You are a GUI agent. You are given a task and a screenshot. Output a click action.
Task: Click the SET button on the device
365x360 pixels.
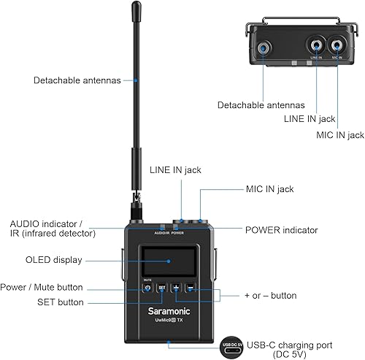click(162, 287)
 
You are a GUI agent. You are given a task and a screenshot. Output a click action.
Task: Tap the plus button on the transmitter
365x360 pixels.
click(176, 287)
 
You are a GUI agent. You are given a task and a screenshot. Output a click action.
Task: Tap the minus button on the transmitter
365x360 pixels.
click(190, 287)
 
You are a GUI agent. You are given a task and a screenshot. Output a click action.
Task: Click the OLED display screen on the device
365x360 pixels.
click(169, 261)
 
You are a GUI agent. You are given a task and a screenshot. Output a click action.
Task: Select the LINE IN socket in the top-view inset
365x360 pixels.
click(316, 43)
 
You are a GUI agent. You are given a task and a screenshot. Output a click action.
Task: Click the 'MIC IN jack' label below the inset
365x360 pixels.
click(339, 135)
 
